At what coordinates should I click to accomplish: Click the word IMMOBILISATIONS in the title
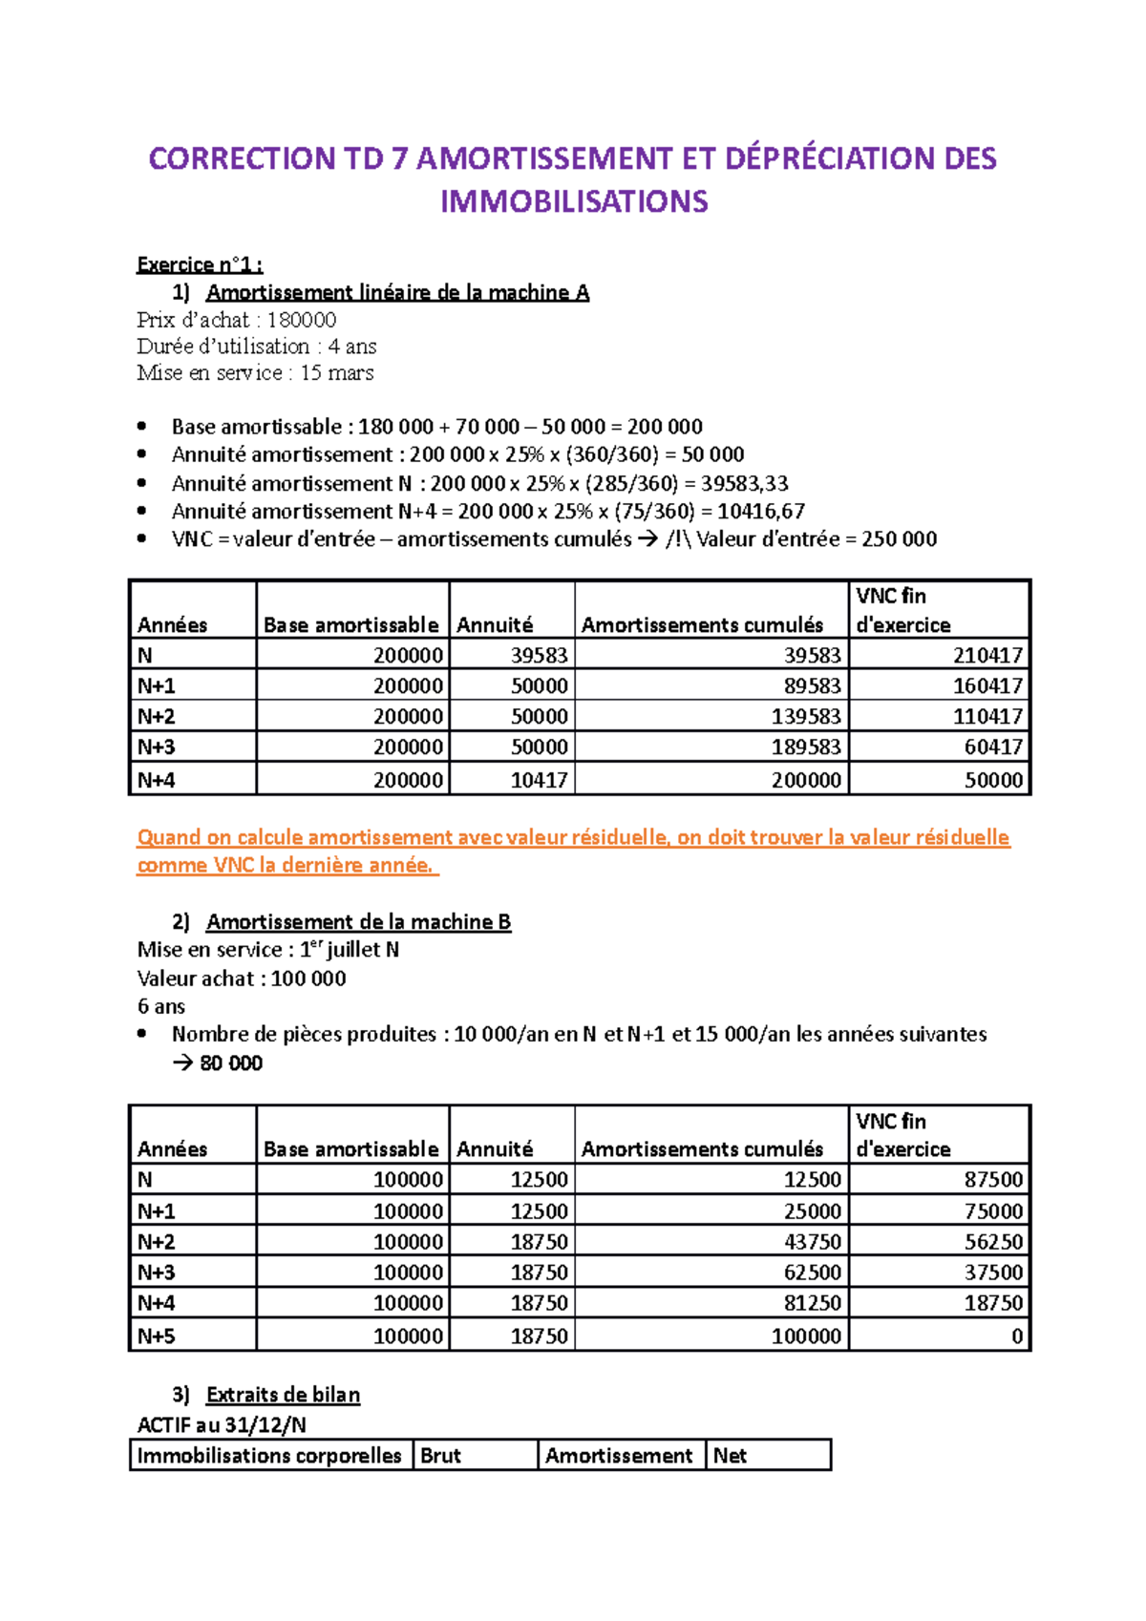(573, 201)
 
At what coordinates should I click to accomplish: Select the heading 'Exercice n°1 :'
(200, 264)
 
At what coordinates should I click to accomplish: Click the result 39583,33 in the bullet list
(744, 483)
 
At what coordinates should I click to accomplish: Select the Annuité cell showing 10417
(539, 780)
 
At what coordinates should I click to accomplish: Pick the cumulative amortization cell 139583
(806, 716)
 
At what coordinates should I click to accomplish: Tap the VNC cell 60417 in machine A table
(993, 747)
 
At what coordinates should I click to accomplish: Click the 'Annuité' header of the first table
(495, 624)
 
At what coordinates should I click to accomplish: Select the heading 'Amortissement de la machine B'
(358, 921)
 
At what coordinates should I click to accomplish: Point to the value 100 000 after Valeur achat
(308, 978)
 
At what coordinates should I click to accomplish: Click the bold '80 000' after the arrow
(231, 1063)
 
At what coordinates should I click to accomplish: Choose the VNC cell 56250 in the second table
(993, 1241)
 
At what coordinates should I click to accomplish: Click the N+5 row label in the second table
(156, 1336)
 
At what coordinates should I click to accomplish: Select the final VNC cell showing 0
(1017, 1336)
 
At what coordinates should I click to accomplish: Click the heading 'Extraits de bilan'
(283, 1395)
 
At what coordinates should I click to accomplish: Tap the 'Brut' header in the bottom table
(440, 1455)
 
